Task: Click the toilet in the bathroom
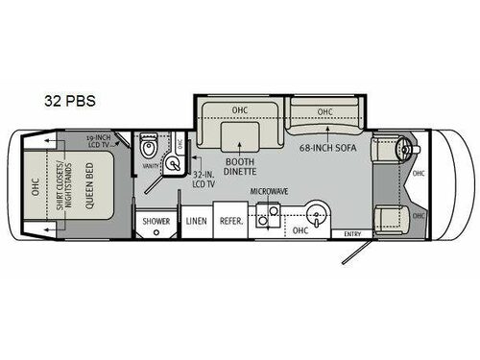coord(148,147)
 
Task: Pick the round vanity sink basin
coord(172,164)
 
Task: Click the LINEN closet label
coord(197,221)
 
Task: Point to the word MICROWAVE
coord(270,192)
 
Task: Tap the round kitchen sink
coord(317,212)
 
